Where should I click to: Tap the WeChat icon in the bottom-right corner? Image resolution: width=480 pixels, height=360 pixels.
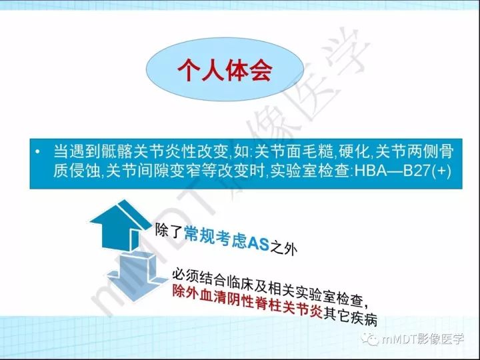[x=371, y=339]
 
